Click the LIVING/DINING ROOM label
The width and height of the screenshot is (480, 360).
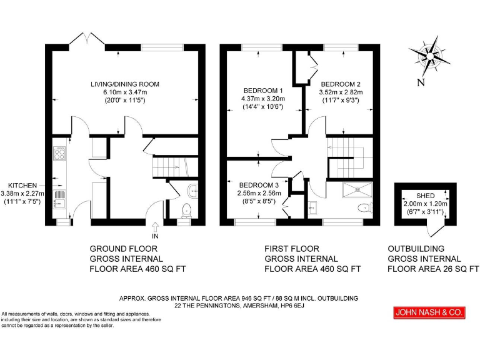[125, 84]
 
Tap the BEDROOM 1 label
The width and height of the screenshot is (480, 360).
[262, 90]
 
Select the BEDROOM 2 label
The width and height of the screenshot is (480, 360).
[341, 84]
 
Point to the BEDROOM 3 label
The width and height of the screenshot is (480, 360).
[259, 185]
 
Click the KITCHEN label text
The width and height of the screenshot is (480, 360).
[22, 185]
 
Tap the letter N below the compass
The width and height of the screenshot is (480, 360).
[421, 82]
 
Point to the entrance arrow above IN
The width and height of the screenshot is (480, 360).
[156, 227]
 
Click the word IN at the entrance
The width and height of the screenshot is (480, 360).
[156, 237]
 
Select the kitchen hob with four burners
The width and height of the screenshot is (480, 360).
[61, 153]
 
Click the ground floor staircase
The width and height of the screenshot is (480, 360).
[167, 167]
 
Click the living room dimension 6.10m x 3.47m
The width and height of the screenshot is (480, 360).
[125, 92]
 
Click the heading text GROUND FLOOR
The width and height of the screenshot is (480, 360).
[122, 248]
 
